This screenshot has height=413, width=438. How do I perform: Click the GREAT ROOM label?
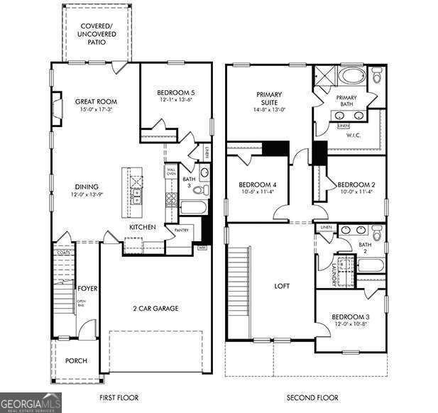[96, 101]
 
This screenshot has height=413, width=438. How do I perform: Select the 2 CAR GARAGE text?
[155, 308]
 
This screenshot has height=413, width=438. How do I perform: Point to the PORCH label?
[76, 360]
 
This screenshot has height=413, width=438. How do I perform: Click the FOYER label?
[87, 288]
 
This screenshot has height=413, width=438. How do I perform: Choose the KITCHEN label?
[142, 227]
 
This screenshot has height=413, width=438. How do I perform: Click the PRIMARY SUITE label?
[269, 99]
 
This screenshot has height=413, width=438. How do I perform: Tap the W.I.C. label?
[353, 135]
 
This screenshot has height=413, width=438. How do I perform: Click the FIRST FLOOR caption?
[119, 397]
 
